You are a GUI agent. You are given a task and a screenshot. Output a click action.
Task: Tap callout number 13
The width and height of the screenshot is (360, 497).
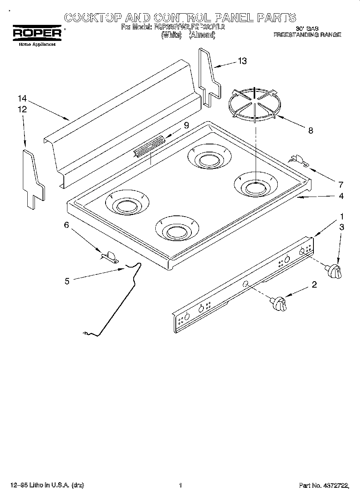coord(242,61)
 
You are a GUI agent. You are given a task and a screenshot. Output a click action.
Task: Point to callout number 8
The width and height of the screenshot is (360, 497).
coord(310,130)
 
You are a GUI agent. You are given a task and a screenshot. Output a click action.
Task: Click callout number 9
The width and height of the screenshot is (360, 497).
coord(186,125)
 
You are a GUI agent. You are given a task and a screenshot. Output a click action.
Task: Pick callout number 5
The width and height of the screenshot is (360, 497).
coord(67,281)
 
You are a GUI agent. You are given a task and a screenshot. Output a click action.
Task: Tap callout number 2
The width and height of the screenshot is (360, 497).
coord(314,285)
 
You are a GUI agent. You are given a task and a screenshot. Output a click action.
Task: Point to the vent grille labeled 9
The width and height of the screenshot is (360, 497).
coord(149,145)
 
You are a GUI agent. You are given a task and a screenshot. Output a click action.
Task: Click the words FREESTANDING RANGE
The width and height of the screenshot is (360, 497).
coord(307,35)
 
